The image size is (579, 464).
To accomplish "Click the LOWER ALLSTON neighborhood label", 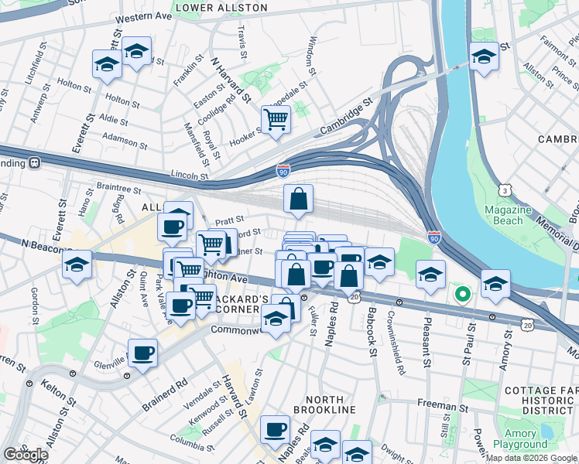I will pyautogui.click(x=221, y=8).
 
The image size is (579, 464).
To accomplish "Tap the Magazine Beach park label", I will pyautogui.click(x=507, y=216).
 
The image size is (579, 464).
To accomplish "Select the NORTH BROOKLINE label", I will pyautogui.click(x=315, y=409).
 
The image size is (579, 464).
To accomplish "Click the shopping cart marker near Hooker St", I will pyautogui.click(x=276, y=119).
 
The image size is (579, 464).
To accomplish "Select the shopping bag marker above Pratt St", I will pyautogui.click(x=299, y=199).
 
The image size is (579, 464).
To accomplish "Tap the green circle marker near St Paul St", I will pyautogui.click(x=462, y=294).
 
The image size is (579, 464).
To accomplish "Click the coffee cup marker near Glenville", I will pyautogui.click(x=142, y=353).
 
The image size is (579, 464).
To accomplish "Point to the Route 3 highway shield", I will pyautogui.click(x=505, y=189).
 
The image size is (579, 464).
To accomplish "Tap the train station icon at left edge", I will pyautogui.click(x=34, y=163).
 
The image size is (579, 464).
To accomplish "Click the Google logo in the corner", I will pyautogui.click(x=25, y=455).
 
